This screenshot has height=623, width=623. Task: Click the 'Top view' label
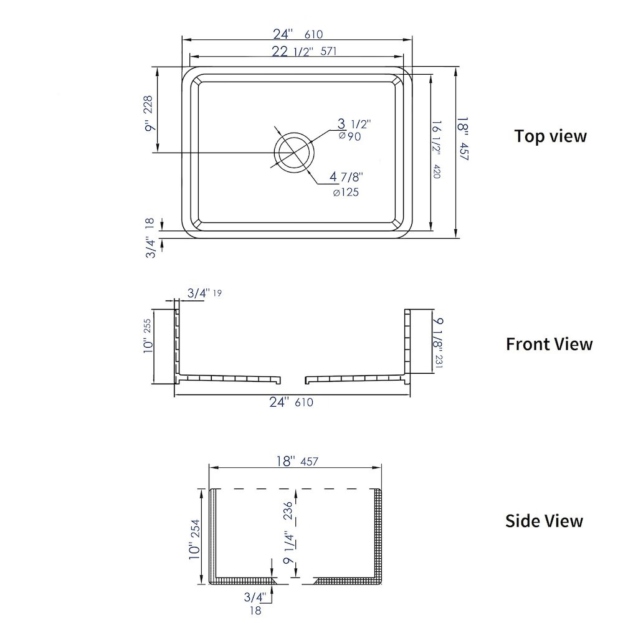click(550, 136)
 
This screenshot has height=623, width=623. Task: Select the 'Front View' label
click(549, 344)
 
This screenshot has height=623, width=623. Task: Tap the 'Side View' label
click(544, 521)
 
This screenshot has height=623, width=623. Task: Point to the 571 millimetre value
click(328, 51)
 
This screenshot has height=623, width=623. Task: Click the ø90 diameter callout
click(350, 136)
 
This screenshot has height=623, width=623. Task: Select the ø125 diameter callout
click(346, 193)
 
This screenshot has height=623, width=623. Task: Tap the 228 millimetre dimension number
click(148, 105)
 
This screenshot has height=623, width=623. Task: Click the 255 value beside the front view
click(148, 326)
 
